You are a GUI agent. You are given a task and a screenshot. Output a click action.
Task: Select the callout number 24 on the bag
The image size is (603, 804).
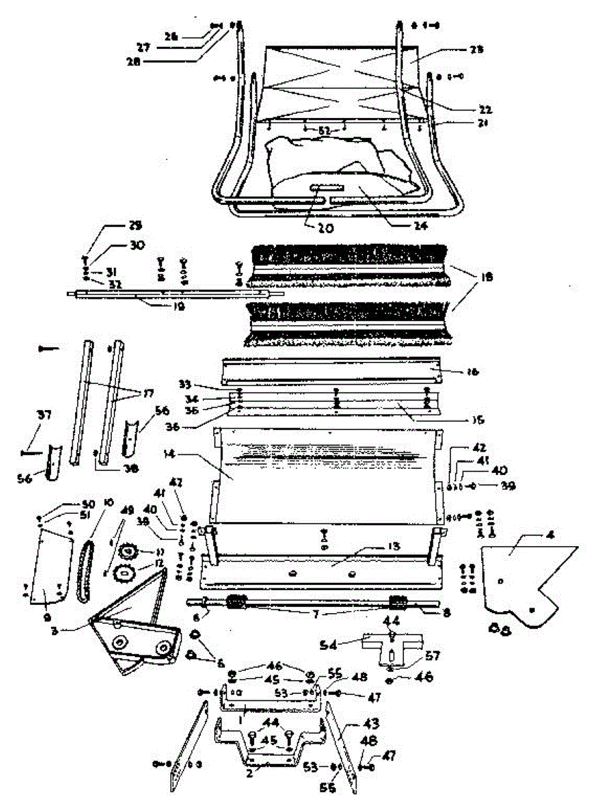click(x=419, y=226)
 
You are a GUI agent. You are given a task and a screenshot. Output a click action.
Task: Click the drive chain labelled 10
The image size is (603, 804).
click(x=86, y=570)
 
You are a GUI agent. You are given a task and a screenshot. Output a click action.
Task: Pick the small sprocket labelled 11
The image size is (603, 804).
click(x=125, y=553)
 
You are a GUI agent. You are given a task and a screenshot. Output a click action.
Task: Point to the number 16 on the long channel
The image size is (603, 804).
click(x=457, y=370)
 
